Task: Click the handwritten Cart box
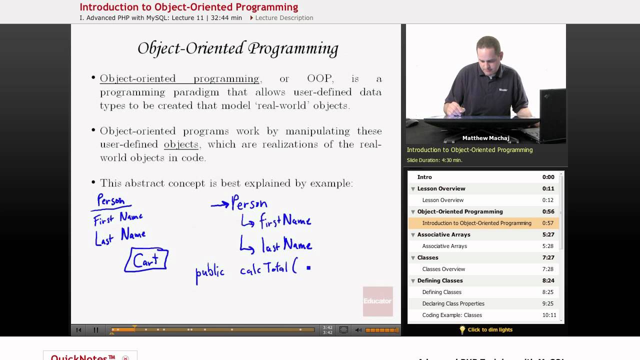tap(146, 260)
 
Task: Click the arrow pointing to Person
tap(220, 204)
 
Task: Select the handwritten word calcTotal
tap(263, 269)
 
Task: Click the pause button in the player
tap(96, 330)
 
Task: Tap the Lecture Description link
tap(284, 18)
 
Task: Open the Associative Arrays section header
tap(443, 234)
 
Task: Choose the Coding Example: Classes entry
tap(452, 315)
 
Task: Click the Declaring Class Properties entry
tap(453, 303)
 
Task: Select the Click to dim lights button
tap(490, 329)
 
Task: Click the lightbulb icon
tap(462, 329)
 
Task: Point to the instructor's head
tap(487, 52)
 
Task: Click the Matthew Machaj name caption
tap(485, 138)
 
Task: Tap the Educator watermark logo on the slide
tap(377, 301)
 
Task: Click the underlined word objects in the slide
tap(181, 144)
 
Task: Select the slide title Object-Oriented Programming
tap(238, 48)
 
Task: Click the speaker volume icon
tap(358, 330)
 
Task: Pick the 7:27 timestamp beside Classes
tap(548, 257)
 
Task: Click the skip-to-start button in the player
tap(78, 330)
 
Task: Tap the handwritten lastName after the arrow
tap(286, 244)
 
